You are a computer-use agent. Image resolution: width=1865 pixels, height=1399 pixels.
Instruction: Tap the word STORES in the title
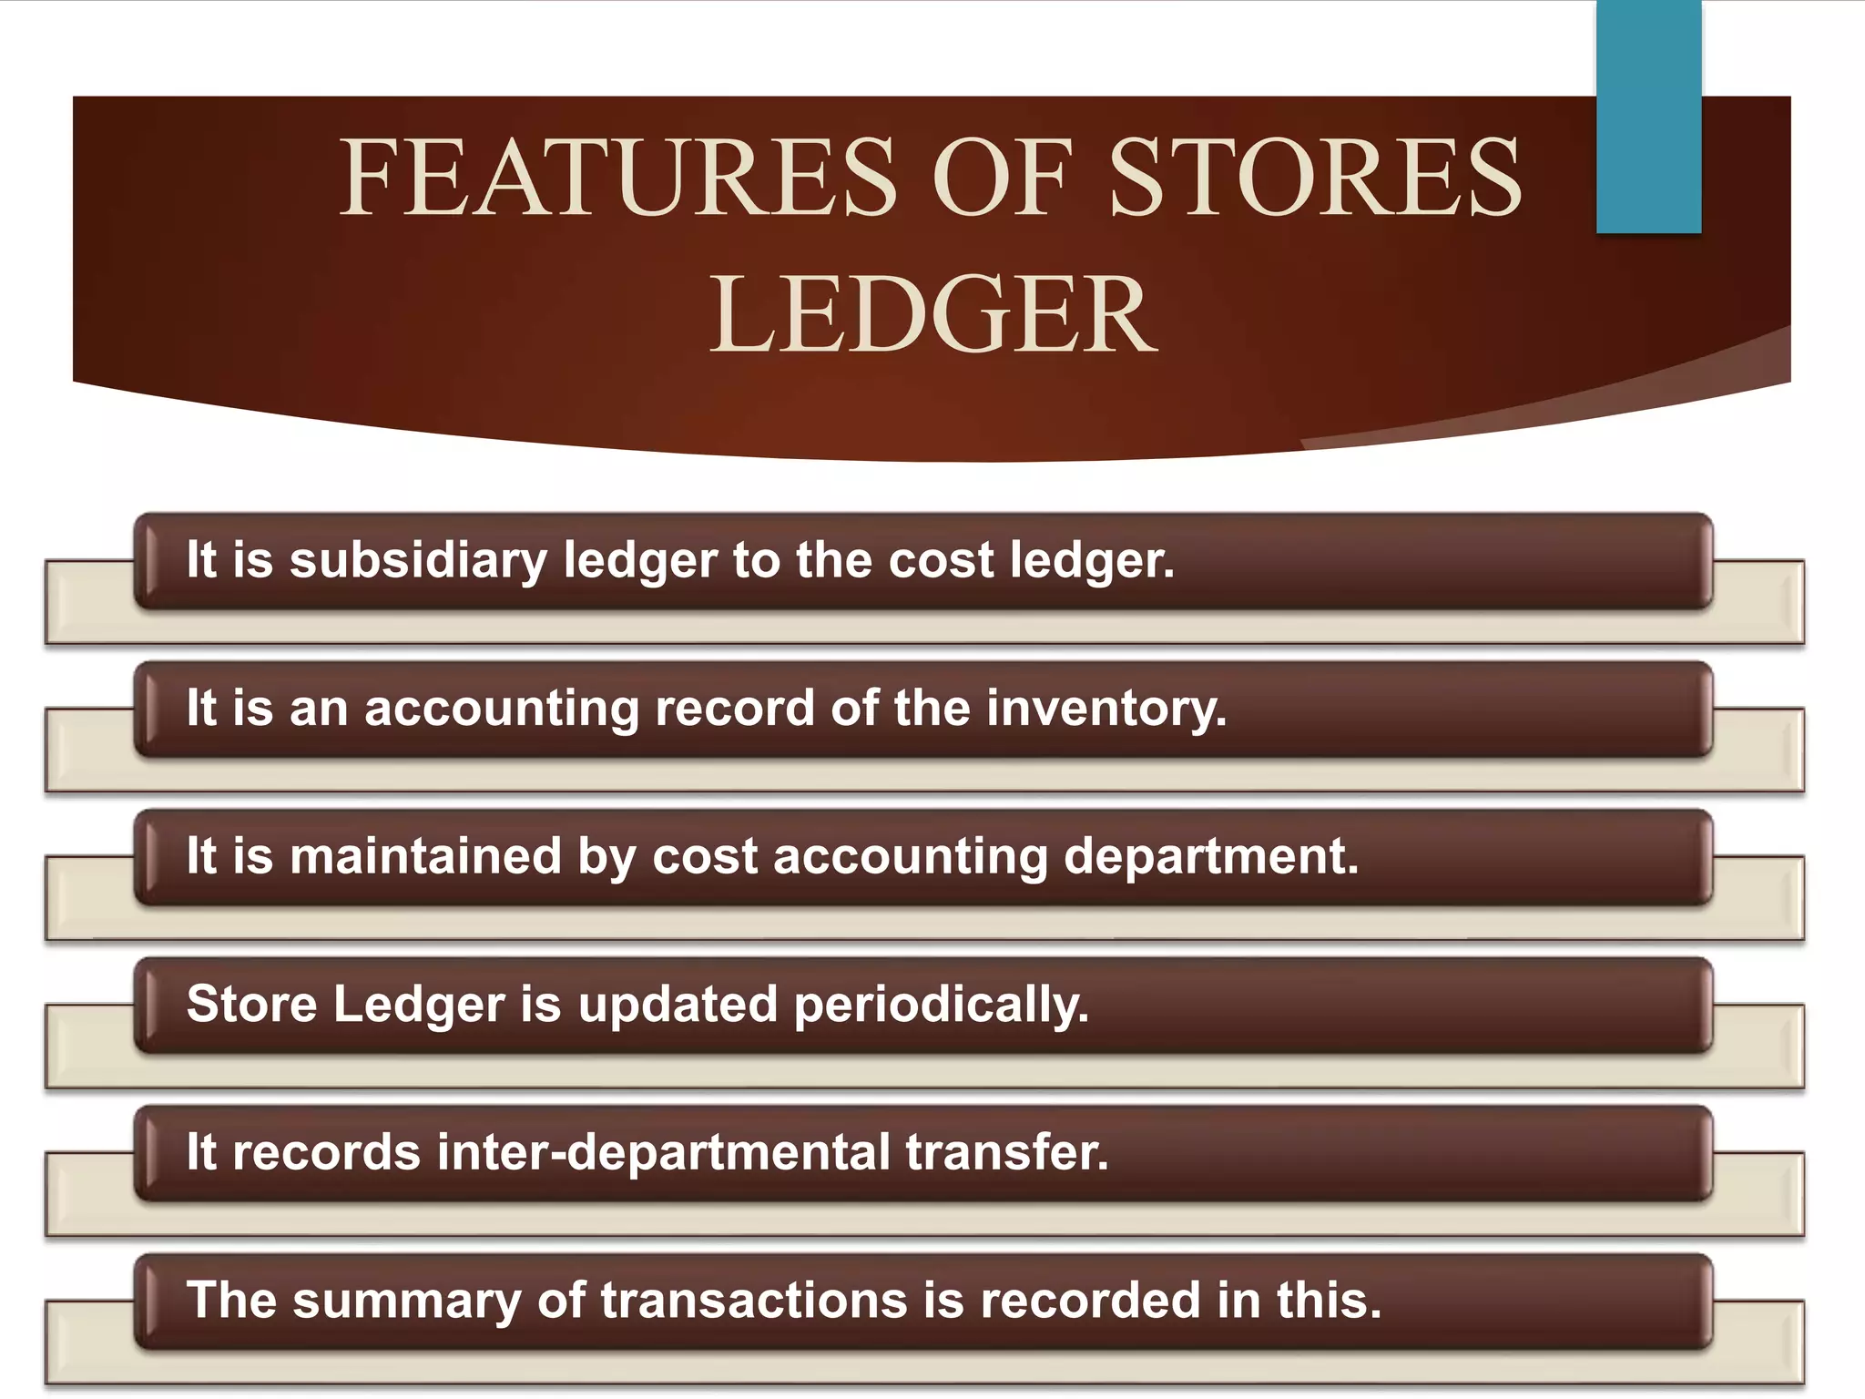(x=1317, y=177)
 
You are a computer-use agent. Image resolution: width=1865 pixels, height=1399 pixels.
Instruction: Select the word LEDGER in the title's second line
(x=932, y=315)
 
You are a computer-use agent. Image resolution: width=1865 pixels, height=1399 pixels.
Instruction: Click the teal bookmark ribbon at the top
(x=1648, y=117)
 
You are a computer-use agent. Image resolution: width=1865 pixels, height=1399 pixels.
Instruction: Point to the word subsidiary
(x=418, y=560)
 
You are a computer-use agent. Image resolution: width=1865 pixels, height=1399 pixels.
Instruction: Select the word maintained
(x=425, y=857)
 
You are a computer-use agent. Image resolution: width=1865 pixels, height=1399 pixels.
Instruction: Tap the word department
(x=1211, y=857)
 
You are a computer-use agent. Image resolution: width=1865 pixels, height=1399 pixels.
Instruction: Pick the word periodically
(x=942, y=1006)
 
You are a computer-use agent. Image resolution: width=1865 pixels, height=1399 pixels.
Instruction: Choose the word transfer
(x=1007, y=1153)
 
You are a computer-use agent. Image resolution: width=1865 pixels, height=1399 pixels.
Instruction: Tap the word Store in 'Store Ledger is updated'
(x=251, y=1005)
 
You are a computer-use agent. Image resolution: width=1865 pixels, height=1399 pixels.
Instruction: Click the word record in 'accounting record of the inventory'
(x=734, y=709)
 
